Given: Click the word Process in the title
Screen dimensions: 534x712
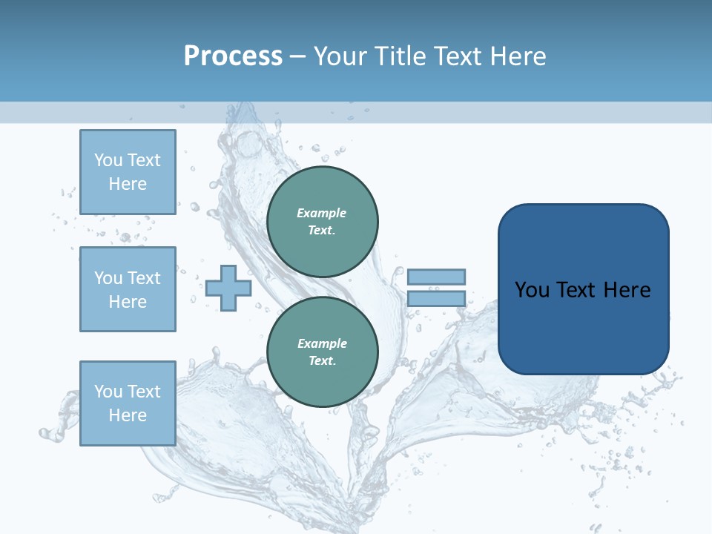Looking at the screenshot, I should [233, 56].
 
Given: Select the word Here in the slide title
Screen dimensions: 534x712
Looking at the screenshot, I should [516, 56].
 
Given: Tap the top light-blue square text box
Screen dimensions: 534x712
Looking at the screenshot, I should [128, 172].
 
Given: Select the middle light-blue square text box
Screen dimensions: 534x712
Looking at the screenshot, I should [128, 289].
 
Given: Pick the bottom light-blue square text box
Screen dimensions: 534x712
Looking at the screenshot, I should [128, 403].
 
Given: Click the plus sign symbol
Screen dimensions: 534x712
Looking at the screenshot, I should [228, 288].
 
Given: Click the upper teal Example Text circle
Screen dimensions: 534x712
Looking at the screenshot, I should [323, 222].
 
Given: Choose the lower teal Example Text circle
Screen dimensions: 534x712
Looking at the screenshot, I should [323, 352].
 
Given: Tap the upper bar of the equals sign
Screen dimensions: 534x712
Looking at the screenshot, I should [436, 277].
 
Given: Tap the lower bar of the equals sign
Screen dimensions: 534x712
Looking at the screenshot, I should [436, 299].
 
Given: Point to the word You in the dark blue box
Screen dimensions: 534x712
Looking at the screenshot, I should [532, 290].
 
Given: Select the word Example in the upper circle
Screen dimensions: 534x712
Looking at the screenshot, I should [322, 213].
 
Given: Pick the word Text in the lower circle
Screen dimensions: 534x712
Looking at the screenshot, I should [321, 361].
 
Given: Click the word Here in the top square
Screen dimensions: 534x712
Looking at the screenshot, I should [128, 184].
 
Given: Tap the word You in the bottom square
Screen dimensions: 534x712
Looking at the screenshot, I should [108, 392].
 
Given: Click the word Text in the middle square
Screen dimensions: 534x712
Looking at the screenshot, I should [145, 278].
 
